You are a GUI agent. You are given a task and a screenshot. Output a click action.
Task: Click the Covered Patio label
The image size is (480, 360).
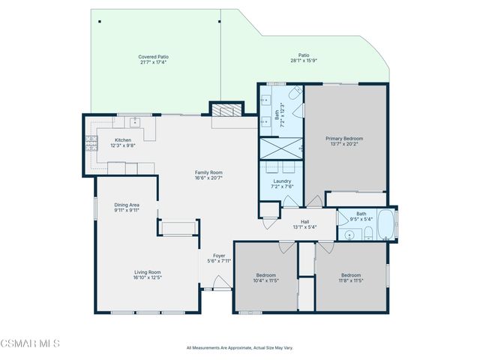153,57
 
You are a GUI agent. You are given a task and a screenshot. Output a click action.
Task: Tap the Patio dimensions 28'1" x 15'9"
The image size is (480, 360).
304,61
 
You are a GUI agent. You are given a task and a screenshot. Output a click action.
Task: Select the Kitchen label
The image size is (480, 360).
123,140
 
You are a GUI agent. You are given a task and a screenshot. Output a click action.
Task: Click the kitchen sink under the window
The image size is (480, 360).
135,121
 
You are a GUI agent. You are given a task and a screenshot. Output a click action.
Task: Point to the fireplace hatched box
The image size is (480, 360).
226,109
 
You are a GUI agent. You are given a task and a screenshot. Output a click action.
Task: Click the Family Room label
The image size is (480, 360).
208,172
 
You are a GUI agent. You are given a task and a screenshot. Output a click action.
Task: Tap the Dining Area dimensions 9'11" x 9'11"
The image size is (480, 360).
127,211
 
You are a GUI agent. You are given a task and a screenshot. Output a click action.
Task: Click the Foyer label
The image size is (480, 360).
218,256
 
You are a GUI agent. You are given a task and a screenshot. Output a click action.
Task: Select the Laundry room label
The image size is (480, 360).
282,181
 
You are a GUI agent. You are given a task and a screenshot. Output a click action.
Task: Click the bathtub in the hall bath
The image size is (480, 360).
385,224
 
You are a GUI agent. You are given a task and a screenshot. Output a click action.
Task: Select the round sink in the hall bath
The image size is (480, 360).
349,235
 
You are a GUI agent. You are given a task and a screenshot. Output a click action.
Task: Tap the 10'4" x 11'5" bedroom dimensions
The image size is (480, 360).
266,280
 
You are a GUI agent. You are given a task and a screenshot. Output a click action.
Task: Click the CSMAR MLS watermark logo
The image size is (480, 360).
29,343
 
